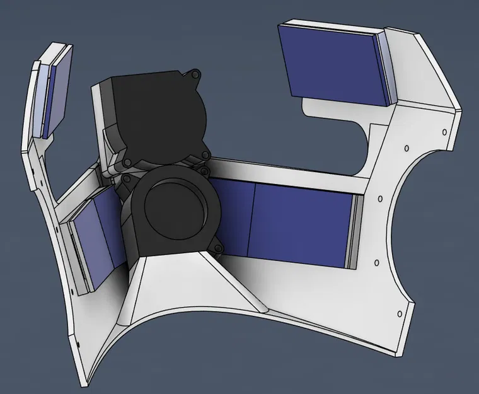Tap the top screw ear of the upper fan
pyautogui.click(x=197, y=76)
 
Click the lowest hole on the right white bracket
pyautogui.click(x=398, y=311)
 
